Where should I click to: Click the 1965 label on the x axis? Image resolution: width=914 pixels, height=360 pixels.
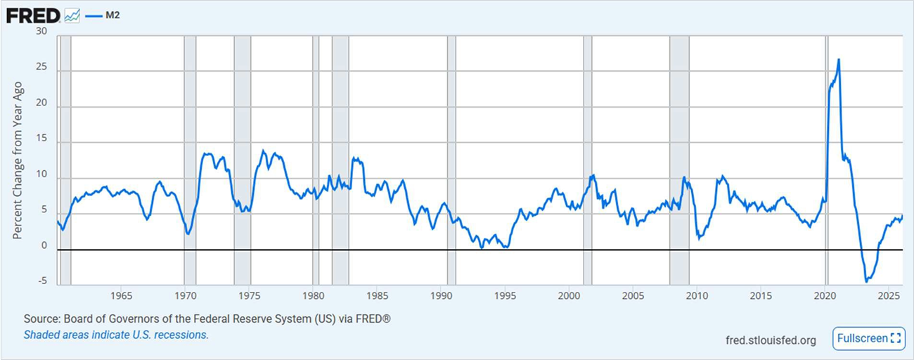pyautogui.click(x=121, y=295)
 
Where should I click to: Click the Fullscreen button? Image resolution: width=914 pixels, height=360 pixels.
pyautogui.click(x=868, y=338)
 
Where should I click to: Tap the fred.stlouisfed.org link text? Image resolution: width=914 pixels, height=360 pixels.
pyautogui.click(x=771, y=340)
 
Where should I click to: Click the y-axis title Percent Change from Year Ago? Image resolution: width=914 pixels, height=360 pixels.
pyautogui.click(x=18, y=160)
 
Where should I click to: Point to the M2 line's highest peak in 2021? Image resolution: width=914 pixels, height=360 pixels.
pyautogui.click(x=838, y=60)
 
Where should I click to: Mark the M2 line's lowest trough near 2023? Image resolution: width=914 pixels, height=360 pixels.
pyautogui.click(x=866, y=281)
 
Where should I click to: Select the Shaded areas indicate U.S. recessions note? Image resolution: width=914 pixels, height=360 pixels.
pyautogui.click(x=116, y=335)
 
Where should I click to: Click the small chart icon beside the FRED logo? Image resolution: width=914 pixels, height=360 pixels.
pyautogui.click(x=72, y=15)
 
